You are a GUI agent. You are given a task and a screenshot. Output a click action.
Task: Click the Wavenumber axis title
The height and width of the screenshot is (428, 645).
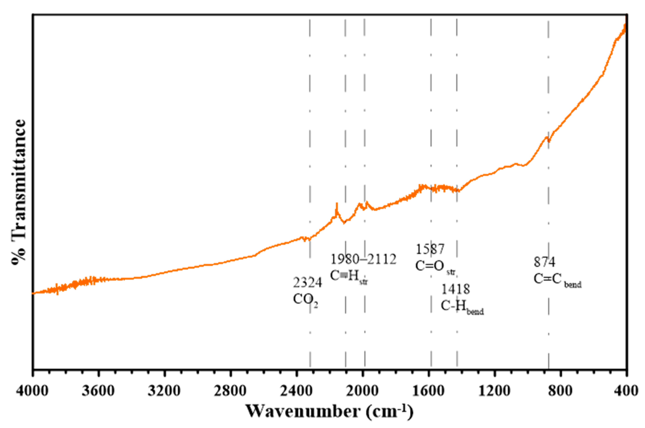click(329, 412)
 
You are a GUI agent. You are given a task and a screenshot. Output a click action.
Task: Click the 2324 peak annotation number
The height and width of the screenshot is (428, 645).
click(308, 283)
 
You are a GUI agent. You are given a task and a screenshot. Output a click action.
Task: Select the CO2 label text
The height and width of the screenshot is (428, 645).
click(306, 300)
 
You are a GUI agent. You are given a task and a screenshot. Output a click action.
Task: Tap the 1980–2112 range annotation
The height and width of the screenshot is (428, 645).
click(363, 259)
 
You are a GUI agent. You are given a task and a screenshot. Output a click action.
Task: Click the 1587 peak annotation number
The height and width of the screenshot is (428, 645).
click(430, 249)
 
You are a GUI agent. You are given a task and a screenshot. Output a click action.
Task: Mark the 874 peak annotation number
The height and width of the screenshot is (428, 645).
click(544, 262)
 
